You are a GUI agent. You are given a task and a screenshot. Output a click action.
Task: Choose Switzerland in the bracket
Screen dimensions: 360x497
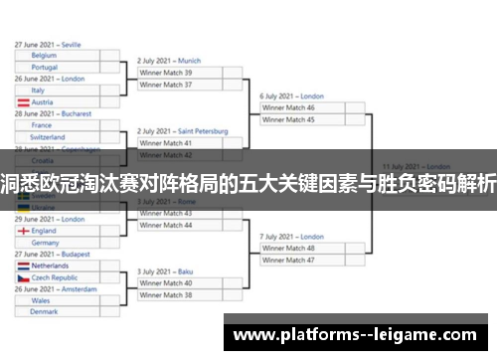coord(49,137)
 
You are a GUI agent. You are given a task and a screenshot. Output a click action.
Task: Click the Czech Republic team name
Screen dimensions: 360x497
coord(56,278)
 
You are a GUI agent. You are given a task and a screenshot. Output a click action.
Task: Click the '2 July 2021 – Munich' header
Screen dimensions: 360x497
coord(170,61)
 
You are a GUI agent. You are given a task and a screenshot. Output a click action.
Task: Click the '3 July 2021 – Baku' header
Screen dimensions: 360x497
coord(164,270)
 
